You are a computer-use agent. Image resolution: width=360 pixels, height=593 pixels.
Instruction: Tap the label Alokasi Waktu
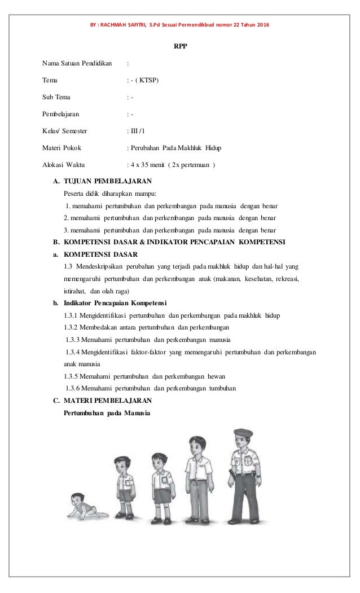click(x=64, y=165)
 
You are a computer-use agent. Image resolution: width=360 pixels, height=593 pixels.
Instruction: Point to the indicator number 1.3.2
click(x=73, y=327)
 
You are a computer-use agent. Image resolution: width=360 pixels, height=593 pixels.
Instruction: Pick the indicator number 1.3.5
click(x=73, y=375)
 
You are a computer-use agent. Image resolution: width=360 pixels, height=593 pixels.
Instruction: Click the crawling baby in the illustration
click(x=82, y=505)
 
